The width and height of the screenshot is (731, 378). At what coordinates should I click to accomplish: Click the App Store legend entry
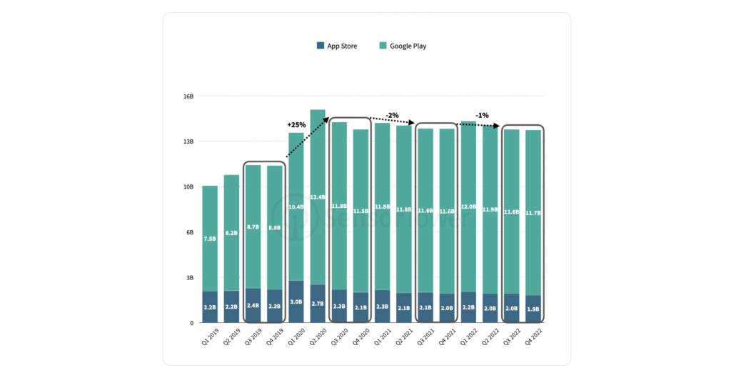tap(337, 46)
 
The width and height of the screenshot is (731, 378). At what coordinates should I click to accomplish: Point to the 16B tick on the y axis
tap(188, 96)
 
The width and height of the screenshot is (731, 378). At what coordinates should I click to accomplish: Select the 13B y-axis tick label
tap(188, 141)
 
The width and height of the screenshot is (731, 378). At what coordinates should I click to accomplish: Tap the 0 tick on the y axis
tap(191, 323)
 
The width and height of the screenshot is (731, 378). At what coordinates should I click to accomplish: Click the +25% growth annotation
tap(296, 125)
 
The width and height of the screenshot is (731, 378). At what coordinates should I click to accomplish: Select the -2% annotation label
tap(392, 115)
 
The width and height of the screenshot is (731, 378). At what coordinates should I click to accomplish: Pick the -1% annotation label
tap(483, 115)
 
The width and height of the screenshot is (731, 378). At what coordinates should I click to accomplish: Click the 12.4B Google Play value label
tap(318, 197)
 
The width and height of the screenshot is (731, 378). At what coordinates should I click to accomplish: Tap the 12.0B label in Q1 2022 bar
tap(468, 207)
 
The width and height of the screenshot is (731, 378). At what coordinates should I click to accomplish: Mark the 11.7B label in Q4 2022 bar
tap(533, 212)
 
